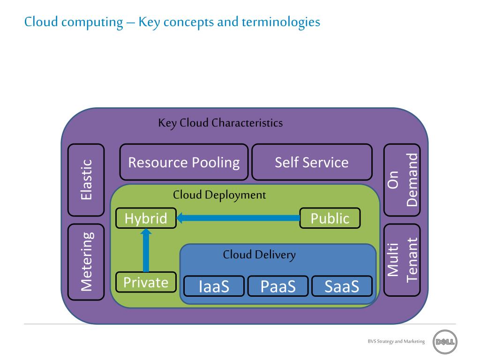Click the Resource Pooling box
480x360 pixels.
(x=184, y=162)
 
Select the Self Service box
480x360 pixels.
(x=312, y=162)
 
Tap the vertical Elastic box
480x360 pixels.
(x=86, y=180)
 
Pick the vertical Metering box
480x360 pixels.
(x=86, y=262)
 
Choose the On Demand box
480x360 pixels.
(x=402, y=180)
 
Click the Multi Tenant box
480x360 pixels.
(x=402, y=260)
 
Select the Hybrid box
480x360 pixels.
(x=146, y=218)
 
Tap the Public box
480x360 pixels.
(x=330, y=218)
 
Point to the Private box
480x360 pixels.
(x=146, y=282)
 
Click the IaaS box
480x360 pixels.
(x=214, y=286)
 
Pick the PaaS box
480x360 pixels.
(x=278, y=286)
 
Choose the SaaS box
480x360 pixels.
(x=342, y=286)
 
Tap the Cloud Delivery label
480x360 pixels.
(x=259, y=255)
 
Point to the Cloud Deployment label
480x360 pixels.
(x=219, y=195)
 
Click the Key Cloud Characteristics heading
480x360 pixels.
(x=220, y=123)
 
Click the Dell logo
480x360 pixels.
(x=445, y=341)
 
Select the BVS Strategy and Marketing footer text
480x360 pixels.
(x=396, y=341)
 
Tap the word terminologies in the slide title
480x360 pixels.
(x=281, y=22)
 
